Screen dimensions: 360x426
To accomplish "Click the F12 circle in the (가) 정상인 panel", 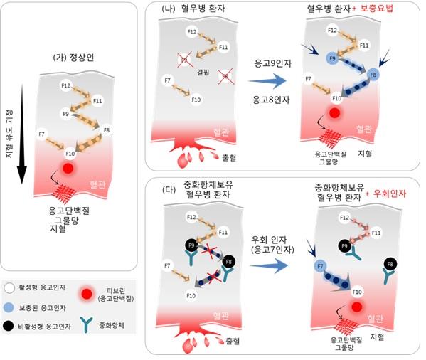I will [x=65, y=86].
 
